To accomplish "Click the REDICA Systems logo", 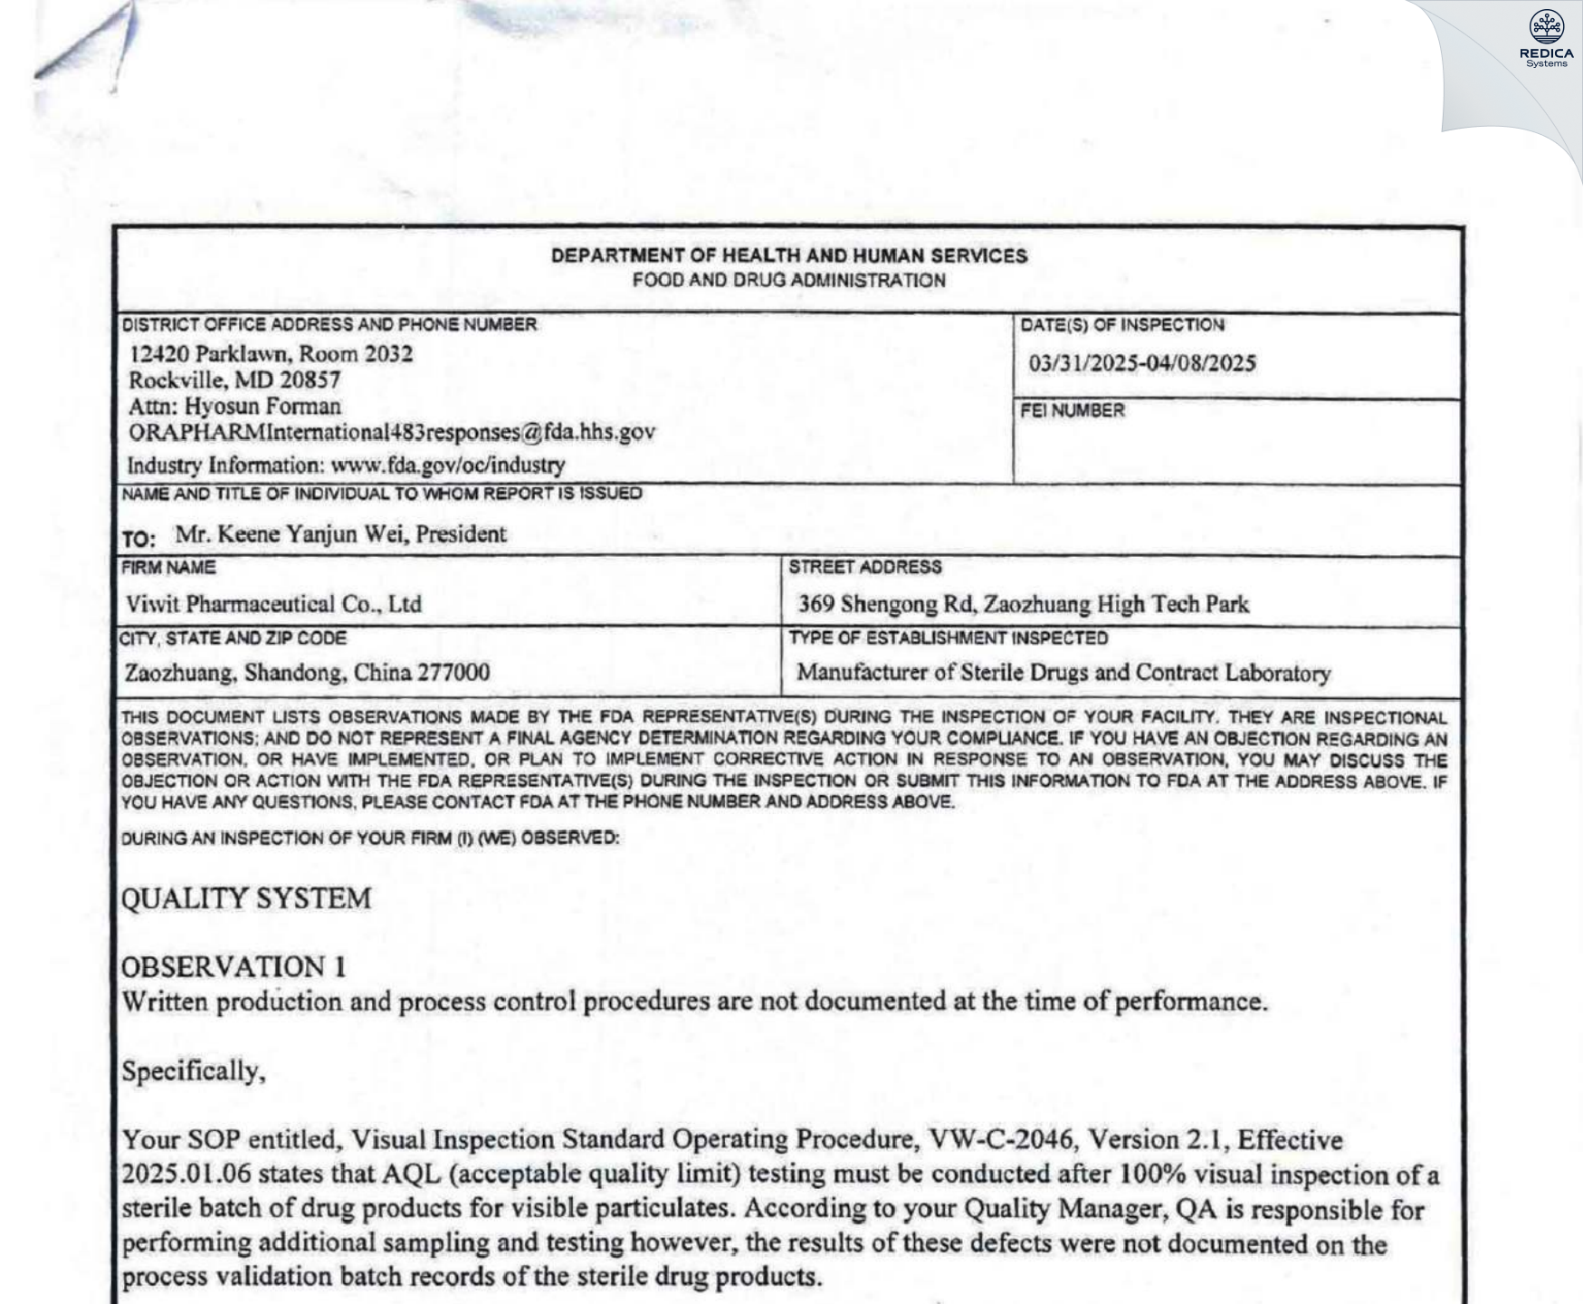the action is tap(1546, 38).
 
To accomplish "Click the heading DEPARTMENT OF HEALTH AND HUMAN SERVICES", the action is tap(789, 256).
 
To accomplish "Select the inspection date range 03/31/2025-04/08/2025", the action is tap(1141, 364).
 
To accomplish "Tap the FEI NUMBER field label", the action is tap(1073, 411).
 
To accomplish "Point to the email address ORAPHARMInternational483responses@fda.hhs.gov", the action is tap(392, 432).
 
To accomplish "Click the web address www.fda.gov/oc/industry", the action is tap(448, 465).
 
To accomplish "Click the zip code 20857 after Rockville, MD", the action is tap(310, 380).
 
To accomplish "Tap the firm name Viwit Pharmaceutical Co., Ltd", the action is tap(273, 604).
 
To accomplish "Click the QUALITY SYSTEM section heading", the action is tap(246, 899).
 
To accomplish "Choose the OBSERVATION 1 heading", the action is tap(234, 967).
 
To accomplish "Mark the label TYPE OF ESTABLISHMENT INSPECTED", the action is tap(948, 638).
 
